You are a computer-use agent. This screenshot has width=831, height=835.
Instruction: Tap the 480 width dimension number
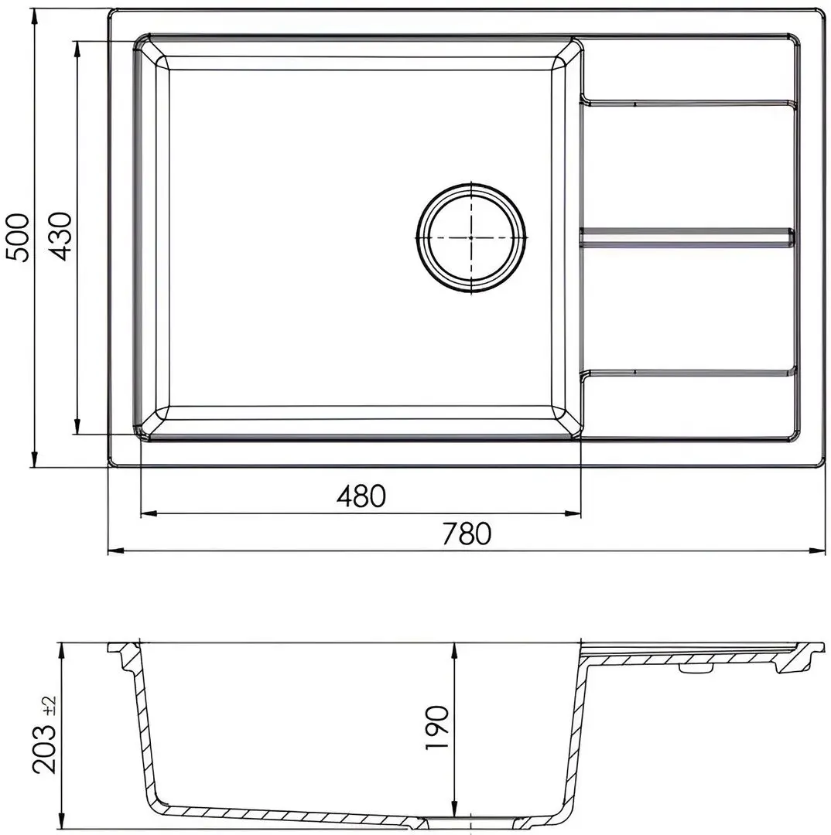361,496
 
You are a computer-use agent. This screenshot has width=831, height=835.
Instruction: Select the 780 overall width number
467,533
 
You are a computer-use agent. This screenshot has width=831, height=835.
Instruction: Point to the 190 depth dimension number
437,728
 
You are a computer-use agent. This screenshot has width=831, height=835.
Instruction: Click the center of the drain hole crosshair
471,237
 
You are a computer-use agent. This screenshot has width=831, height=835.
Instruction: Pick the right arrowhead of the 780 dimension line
818,551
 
